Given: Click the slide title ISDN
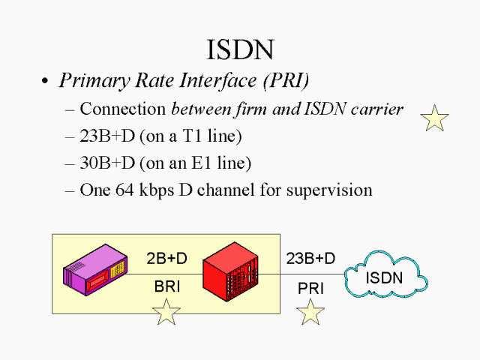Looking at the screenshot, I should pyautogui.click(x=240, y=49).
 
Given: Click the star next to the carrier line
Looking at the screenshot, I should pyautogui.click(x=434, y=118).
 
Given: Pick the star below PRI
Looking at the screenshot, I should pyautogui.click(x=310, y=313).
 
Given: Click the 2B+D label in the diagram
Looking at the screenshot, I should pyautogui.click(x=166, y=259).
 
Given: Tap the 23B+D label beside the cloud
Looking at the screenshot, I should pyautogui.click(x=310, y=259).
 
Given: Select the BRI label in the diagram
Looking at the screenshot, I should pyautogui.click(x=166, y=286).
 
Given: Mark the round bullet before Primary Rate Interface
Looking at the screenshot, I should pyautogui.click(x=46, y=81).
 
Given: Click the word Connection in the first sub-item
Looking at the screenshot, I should pyautogui.click(x=122, y=109).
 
